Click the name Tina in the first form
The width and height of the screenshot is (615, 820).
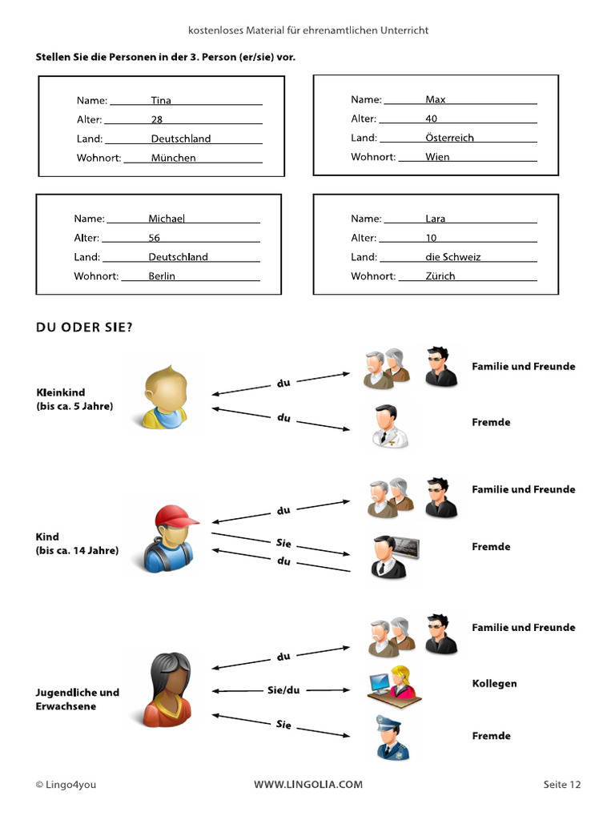point(161,101)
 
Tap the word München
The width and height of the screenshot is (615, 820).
point(173,158)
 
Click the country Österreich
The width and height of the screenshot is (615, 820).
point(449,138)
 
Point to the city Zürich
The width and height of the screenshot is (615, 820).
point(440,276)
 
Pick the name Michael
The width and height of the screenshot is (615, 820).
point(166,219)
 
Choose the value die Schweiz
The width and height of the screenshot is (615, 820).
point(452,257)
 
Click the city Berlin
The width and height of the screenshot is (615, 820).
point(162,276)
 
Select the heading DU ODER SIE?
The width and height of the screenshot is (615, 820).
point(84,327)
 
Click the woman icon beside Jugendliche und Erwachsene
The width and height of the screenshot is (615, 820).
point(167,689)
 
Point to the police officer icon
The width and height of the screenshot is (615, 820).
point(393,738)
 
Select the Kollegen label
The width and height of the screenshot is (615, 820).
point(494,684)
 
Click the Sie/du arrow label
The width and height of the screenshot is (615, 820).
point(283,689)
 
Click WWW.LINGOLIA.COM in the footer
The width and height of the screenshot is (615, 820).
point(308,785)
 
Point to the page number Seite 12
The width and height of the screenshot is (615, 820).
point(561,785)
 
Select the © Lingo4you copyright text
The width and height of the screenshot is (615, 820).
point(66,785)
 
